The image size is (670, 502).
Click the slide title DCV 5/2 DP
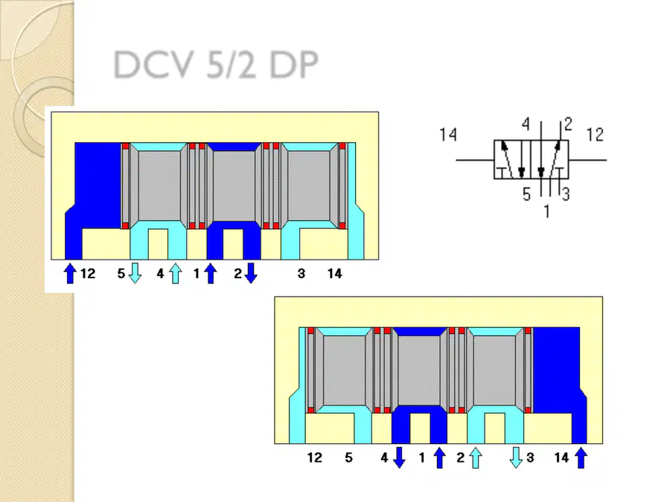(x=216, y=65)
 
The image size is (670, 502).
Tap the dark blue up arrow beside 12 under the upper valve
(x=70, y=273)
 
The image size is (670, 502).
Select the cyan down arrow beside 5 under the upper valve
(x=135, y=273)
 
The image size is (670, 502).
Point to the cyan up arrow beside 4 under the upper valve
(x=175, y=273)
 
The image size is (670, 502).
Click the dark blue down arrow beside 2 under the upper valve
(x=251, y=273)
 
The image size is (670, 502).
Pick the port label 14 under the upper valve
(x=334, y=274)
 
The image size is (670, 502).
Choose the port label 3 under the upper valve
(x=301, y=274)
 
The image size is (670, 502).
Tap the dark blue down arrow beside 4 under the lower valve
(x=399, y=457)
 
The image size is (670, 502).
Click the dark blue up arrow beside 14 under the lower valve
(x=581, y=457)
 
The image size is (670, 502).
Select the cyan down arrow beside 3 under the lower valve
(x=516, y=457)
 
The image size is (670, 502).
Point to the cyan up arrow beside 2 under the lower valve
(x=476, y=457)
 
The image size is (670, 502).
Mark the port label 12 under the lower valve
(x=314, y=457)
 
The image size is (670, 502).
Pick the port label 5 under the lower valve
(x=348, y=457)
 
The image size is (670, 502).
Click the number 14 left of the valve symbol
(x=448, y=135)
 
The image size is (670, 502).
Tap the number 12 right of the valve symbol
(x=595, y=135)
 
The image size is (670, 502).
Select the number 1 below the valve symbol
(x=546, y=211)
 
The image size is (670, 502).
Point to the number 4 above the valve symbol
(x=526, y=124)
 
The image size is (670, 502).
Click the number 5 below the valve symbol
(x=526, y=195)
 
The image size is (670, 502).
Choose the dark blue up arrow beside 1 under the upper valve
(x=210, y=273)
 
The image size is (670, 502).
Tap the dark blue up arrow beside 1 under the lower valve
(x=440, y=457)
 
